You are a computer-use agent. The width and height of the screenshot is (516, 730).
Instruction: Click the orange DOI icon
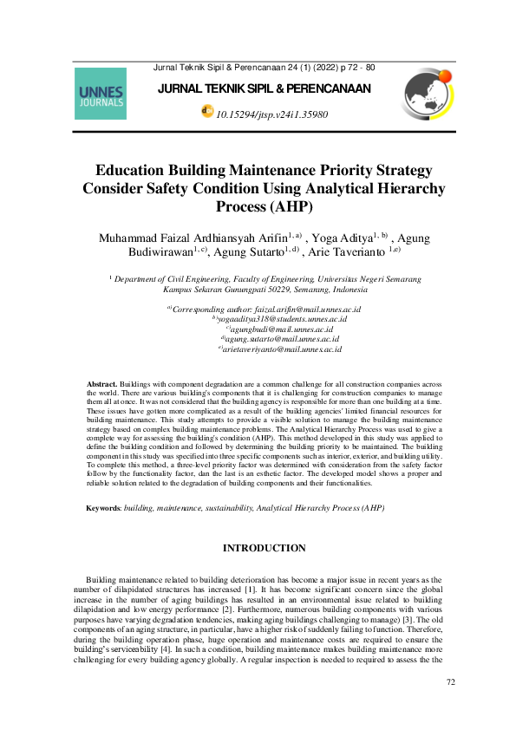206,112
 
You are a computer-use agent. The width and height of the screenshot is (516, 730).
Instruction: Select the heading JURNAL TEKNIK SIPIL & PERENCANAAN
265,88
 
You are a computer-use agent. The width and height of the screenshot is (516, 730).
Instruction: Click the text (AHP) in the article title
288,206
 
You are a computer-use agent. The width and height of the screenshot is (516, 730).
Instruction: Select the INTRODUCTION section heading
264,548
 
